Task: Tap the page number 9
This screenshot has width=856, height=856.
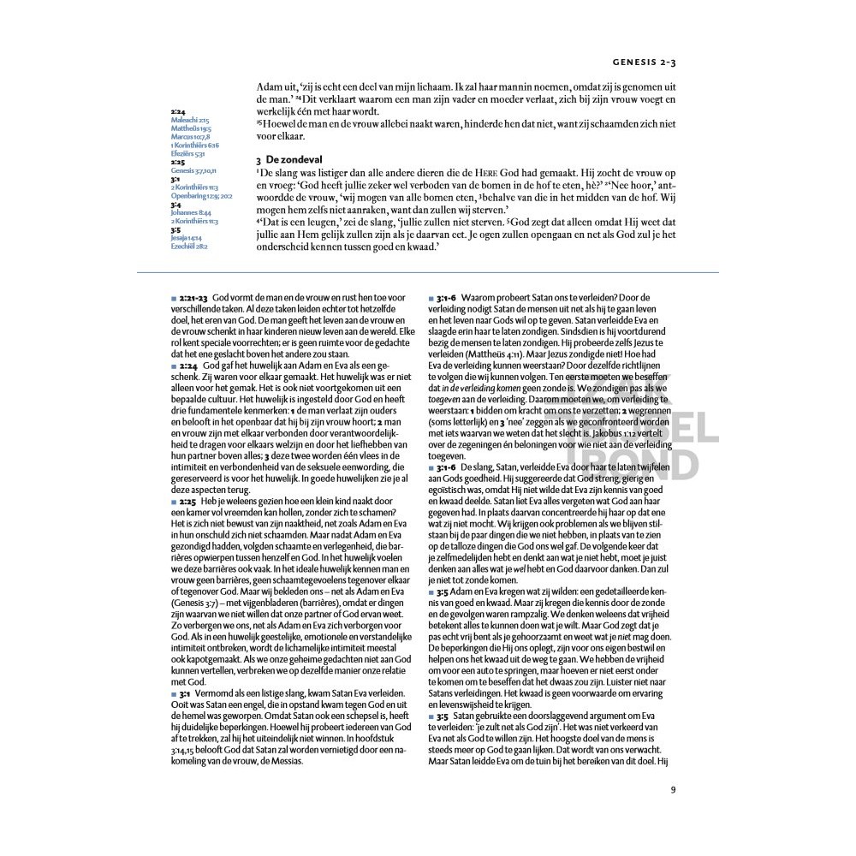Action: (x=673, y=789)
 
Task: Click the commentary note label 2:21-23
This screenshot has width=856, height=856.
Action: (x=193, y=296)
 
